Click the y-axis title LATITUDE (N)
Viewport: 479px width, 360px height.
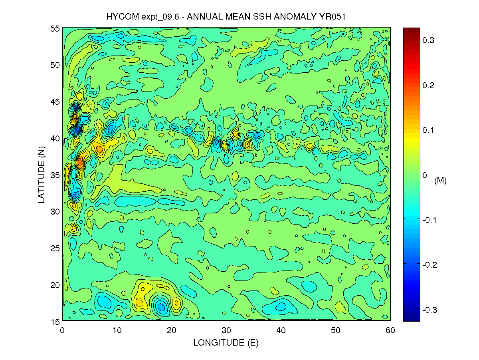pos(42,174)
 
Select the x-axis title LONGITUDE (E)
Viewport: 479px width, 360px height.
pos(226,342)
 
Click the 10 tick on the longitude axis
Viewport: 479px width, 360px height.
pos(117,330)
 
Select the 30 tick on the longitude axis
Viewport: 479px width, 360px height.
pos(226,330)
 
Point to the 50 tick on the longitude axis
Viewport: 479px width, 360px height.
pos(336,330)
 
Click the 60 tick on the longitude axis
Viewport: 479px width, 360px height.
pos(390,330)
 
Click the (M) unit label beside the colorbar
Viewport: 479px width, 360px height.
pos(440,181)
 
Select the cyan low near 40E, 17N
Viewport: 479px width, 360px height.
pos(281,306)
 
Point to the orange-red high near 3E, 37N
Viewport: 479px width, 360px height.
pos(80,162)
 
